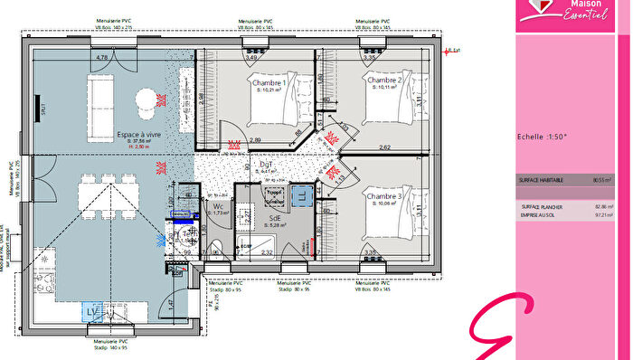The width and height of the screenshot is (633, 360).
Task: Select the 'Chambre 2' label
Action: pyautogui.click(x=383, y=81)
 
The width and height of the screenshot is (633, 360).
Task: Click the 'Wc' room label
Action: pyautogui.click(x=218, y=206)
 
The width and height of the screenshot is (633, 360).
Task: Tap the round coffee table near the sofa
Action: pyautogui.click(x=146, y=101)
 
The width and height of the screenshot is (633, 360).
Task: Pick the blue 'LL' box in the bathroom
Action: pyautogui.click(x=300, y=194)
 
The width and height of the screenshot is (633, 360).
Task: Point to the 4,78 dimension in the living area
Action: pyautogui.click(x=102, y=58)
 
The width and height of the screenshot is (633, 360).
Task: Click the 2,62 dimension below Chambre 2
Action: pyautogui.click(x=384, y=147)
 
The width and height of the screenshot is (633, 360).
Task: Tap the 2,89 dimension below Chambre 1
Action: pyautogui.click(x=256, y=140)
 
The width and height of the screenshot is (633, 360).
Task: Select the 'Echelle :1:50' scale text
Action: pyautogui.click(x=542, y=137)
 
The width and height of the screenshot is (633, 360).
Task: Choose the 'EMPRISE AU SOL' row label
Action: pyautogui.click(x=540, y=215)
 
